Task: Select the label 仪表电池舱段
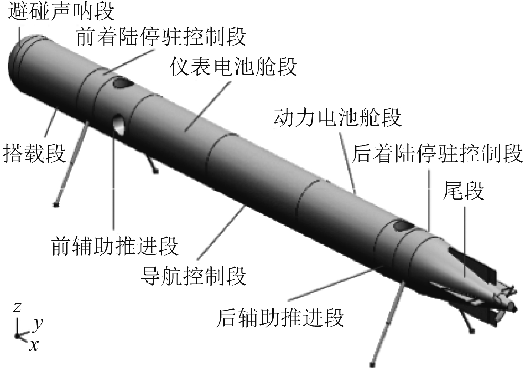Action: tap(233, 67)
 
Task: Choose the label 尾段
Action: tap(463, 191)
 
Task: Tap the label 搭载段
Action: tap(34, 153)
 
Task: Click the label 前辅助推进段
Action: tap(115, 246)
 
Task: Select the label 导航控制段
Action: tap(193, 276)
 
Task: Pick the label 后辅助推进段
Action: tap(280, 318)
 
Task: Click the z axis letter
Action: tap(17, 307)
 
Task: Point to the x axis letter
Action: tap(34, 345)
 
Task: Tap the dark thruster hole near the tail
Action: tap(401, 225)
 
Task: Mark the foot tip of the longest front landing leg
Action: tap(56, 204)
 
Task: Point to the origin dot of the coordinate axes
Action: tap(17, 336)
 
